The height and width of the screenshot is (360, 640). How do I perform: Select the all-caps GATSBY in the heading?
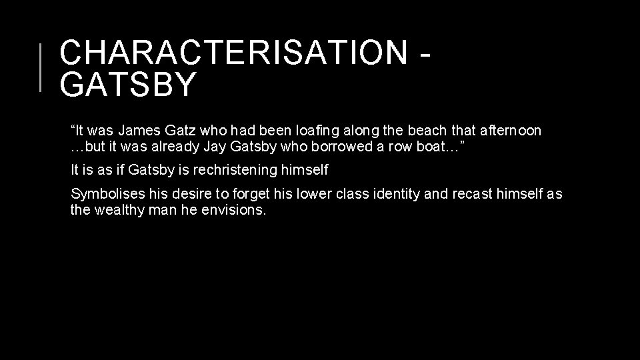pos(128,85)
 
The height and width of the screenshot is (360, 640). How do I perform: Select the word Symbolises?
pos(106,194)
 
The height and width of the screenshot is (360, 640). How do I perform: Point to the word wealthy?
pos(119,210)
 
